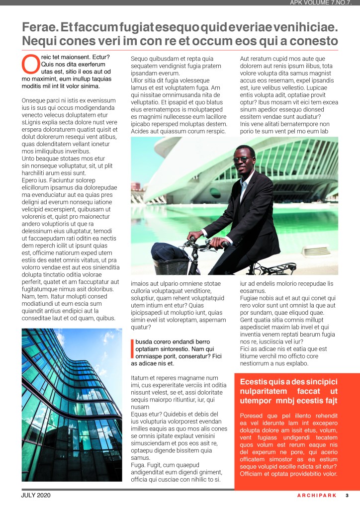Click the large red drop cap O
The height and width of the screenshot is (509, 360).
31,64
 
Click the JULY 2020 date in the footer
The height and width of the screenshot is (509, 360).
36,495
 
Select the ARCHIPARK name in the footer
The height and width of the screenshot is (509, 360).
317,495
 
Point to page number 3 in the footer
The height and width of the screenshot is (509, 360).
347,495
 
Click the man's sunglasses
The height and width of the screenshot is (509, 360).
243,160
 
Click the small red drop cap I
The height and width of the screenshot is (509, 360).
133,349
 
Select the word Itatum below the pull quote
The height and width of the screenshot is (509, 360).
141,378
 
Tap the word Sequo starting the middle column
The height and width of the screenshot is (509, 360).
140,59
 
